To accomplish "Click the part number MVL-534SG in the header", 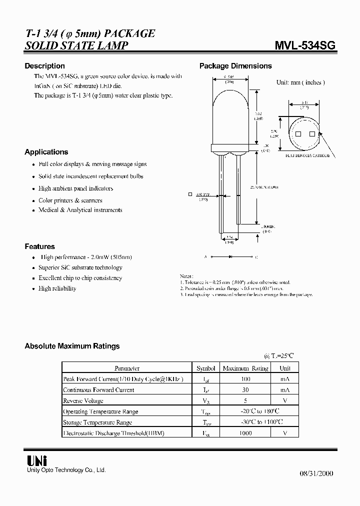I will (x=305, y=46).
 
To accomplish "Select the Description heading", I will (x=45, y=66).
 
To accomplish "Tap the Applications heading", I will (x=46, y=152).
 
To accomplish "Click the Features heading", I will (x=40, y=246).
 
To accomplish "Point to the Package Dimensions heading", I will (x=235, y=66).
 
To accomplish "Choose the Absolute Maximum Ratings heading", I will (x=72, y=346).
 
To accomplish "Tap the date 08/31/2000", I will (x=316, y=473).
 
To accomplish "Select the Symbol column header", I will (x=205, y=368).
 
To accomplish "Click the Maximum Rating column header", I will (x=245, y=368).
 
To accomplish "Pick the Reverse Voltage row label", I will (x=83, y=400).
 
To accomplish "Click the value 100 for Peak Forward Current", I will (x=245, y=379).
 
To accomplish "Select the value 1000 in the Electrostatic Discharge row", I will (x=245, y=433).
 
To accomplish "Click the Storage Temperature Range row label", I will (x=97, y=422).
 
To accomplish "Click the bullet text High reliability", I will (x=57, y=288).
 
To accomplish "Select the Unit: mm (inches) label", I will (x=300, y=82).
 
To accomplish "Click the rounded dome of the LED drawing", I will (x=230, y=100).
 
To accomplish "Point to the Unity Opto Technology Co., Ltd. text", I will (x=65, y=470).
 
